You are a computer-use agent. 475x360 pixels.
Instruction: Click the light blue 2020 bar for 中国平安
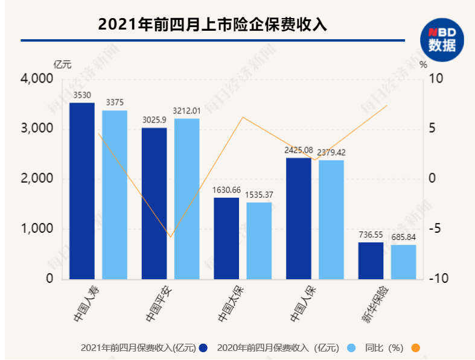186,198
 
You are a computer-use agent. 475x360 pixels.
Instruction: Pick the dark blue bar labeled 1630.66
226,238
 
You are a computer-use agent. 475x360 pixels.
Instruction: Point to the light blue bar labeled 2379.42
331,219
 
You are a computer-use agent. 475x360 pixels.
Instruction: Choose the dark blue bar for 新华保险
371,261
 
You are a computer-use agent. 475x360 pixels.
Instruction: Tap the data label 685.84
403,237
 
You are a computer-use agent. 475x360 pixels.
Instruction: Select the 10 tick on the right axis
436,79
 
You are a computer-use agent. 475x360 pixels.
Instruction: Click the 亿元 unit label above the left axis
62,64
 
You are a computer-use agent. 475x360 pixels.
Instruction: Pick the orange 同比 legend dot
415,347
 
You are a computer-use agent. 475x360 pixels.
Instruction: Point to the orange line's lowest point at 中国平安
171,237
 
